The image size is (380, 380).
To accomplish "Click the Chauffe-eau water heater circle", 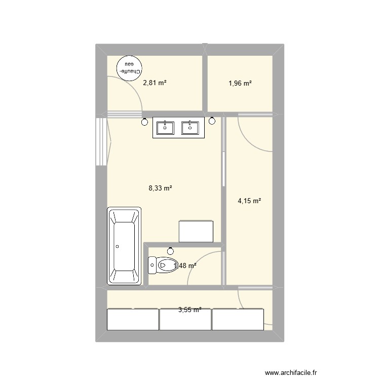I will tap(129, 67).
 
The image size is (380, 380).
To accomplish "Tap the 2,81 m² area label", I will tap(155, 84).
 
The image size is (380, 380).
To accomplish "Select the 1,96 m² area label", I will tap(240, 84).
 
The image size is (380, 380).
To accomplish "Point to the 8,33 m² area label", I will tap(160, 188).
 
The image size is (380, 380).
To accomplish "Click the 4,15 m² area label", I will tap(249, 201).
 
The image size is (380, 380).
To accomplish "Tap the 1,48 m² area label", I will tap(185, 265).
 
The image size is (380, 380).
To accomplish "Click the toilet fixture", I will tap(160, 264).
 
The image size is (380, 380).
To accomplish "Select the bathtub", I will tap(125, 246).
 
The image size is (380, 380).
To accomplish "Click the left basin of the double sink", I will tap(166, 128).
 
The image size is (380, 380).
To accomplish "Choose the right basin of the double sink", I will tap(191, 128).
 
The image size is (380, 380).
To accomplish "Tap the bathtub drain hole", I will tap(118, 247).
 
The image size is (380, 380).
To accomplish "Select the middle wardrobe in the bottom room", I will tap(185, 319).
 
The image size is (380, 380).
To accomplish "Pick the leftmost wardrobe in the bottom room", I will tap(133, 319).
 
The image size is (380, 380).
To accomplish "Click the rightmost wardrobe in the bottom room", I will tap(238, 319).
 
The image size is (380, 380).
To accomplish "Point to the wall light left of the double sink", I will tap(145, 121).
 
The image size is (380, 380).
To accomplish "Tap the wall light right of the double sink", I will tap(212, 121).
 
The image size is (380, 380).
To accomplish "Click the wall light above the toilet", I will tap(170, 250).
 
